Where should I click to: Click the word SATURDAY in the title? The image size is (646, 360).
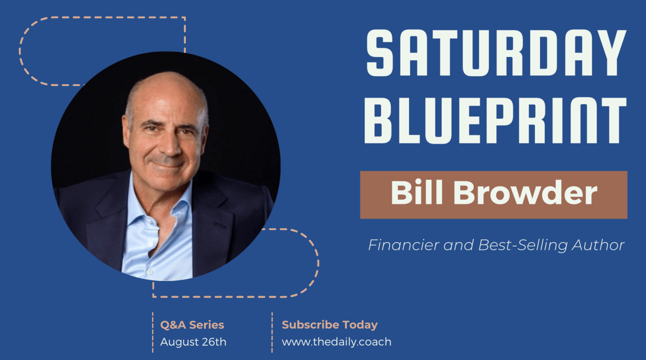click(x=496, y=53)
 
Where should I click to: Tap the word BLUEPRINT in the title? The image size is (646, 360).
click(x=495, y=120)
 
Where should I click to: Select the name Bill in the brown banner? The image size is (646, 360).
click(x=416, y=192)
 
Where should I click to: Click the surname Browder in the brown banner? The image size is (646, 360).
click(x=525, y=192)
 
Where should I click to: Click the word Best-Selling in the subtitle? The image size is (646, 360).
click(x=522, y=245)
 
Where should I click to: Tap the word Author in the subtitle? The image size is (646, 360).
click(x=598, y=245)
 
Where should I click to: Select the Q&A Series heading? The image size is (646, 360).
click(x=192, y=325)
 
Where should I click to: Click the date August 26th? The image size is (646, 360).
click(x=193, y=342)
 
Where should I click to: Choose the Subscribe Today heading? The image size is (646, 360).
click(x=329, y=325)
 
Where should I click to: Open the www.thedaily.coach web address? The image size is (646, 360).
click(x=336, y=342)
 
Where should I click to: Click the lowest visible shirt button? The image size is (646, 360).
click(x=149, y=272)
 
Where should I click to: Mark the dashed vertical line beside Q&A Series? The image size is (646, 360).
click(x=153, y=332)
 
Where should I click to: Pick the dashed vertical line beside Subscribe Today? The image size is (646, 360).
click(x=272, y=332)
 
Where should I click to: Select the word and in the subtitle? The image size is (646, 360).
click(x=458, y=245)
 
